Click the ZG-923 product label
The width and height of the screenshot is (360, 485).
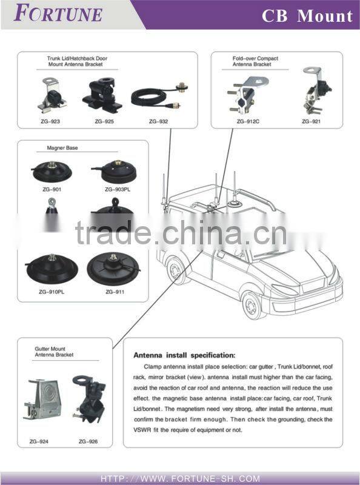click(x=50, y=122)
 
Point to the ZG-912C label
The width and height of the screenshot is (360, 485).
click(x=248, y=122)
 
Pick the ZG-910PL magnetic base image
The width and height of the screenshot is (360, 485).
click(x=51, y=269)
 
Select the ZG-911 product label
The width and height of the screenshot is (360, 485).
click(x=115, y=292)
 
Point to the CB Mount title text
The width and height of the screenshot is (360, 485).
click(x=307, y=16)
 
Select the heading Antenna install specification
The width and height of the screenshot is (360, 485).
click(x=184, y=355)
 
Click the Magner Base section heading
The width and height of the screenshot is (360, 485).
click(x=62, y=147)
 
